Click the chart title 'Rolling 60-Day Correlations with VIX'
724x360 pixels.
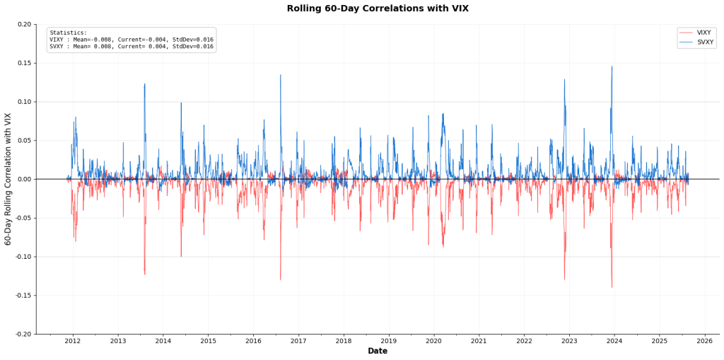(377, 8)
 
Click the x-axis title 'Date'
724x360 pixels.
(377, 351)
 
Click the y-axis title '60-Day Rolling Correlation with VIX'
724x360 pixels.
(8, 179)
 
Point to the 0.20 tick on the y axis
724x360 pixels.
(24, 25)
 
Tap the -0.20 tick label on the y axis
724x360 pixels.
(23, 334)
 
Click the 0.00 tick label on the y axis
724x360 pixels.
(24, 179)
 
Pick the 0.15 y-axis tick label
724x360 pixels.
(24, 63)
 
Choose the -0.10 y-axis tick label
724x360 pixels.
(23, 257)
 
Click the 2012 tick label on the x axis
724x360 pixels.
(73, 341)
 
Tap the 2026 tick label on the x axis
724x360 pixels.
(704, 341)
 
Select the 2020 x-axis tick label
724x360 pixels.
(433, 341)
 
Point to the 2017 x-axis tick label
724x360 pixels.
(298, 341)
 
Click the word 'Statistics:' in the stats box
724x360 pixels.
(69, 33)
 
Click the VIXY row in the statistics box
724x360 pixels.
(131, 40)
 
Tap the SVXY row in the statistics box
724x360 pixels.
(131, 47)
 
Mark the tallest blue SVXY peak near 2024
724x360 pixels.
(612, 67)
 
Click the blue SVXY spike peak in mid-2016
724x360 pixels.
(280, 76)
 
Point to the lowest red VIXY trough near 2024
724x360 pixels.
(612, 286)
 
